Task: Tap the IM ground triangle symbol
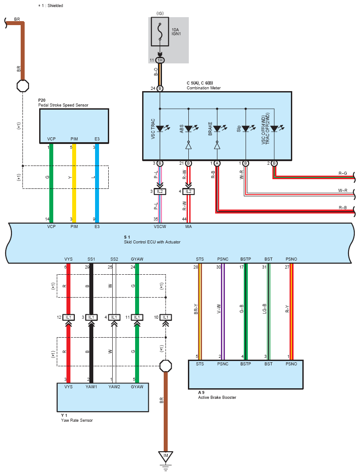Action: (x=165, y=456)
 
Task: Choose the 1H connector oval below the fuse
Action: (x=160, y=60)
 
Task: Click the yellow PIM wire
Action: (x=74, y=183)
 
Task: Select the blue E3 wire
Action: (x=97, y=183)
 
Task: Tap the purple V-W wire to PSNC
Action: (x=223, y=312)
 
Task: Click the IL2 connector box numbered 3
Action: (x=160, y=191)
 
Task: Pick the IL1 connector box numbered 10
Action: (x=165, y=317)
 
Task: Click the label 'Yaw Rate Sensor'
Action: (x=77, y=420)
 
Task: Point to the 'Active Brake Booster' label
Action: (x=217, y=398)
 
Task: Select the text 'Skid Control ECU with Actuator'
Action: (x=152, y=242)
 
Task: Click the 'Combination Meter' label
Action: (x=204, y=88)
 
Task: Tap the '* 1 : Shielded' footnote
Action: (x=51, y=5)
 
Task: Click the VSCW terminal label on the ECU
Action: (x=160, y=227)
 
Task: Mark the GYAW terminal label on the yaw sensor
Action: (x=137, y=387)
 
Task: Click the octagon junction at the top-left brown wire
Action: (x=23, y=86)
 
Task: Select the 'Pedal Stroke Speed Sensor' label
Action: (x=63, y=105)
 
